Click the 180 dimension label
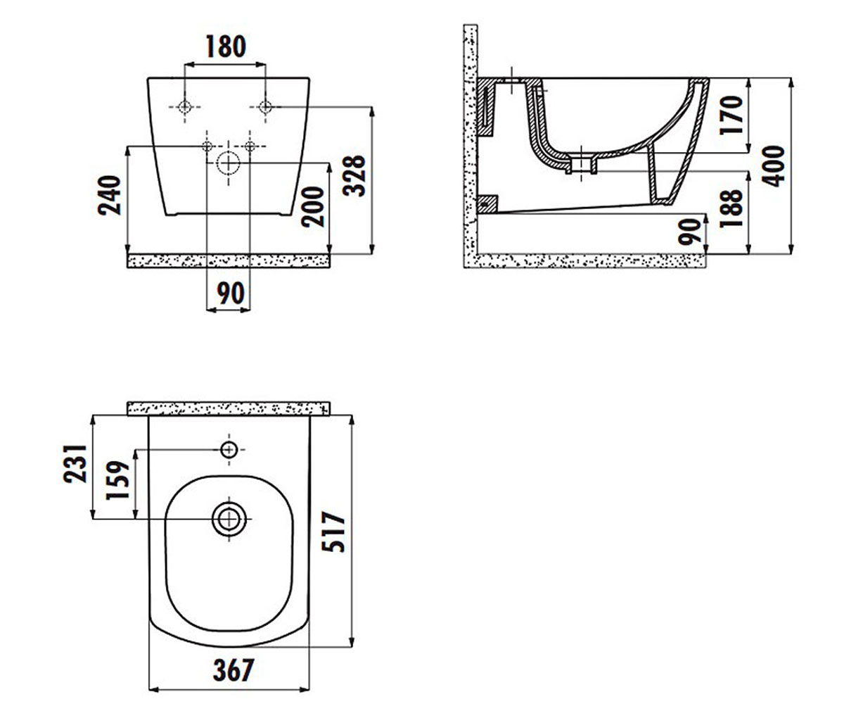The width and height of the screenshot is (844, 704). pos(226,46)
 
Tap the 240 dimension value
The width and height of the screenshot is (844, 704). pos(110,195)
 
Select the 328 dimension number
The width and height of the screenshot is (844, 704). pos(354,175)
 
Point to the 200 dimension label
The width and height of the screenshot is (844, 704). pos(313,207)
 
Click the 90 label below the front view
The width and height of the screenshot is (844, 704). pos(231,294)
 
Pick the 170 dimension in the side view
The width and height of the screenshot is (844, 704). pos(731,115)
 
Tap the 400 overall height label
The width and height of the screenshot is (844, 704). pos(773,166)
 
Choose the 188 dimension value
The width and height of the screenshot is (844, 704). pos(731,208)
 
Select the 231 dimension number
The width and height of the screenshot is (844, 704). pos(75,464)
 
